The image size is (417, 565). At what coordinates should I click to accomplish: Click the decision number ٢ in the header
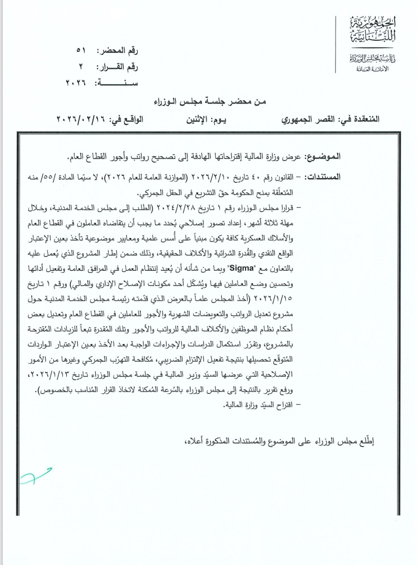click(81, 67)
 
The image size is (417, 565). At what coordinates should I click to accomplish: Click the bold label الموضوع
click(322, 157)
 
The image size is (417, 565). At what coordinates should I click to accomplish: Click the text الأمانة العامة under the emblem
click(372, 69)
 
